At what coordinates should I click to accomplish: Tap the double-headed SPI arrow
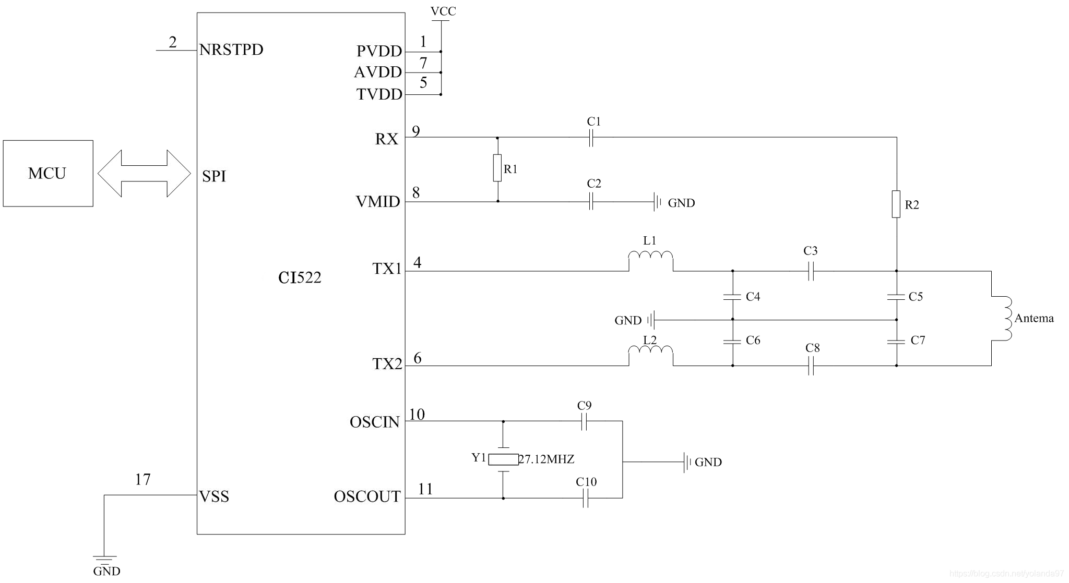click(144, 174)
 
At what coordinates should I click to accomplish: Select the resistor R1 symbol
click(497, 168)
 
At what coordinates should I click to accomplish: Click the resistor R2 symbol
click(896, 204)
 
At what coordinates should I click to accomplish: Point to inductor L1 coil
click(650, 256)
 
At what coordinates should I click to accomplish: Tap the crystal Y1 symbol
click(503, 459)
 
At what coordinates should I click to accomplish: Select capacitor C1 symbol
click(591, 138)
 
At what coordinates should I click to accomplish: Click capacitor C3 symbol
click(811, 271)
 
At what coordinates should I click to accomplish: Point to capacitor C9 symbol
click(584, 421)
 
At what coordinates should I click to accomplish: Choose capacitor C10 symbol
click(586, 499)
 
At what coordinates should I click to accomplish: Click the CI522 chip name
click(300, 277)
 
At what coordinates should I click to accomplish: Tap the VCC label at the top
click(443, 11)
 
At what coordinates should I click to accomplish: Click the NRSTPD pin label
click(231, 50)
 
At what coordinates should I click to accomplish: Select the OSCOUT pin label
click(367, 496)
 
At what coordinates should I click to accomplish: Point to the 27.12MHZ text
click(547, 459)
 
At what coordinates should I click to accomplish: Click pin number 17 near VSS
click(142, 479)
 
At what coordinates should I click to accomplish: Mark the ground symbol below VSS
click(104, 560)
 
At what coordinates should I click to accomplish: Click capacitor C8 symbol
click(811, 366)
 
